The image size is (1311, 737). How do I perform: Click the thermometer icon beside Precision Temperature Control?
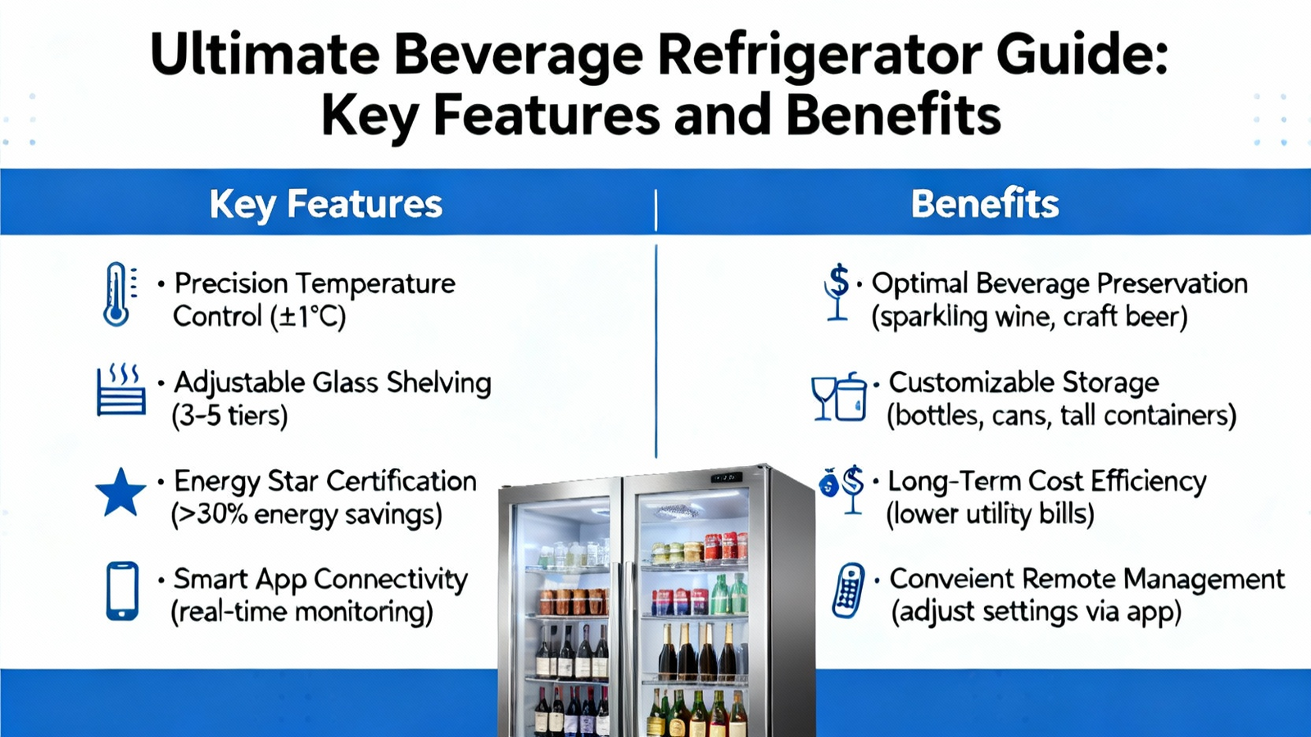[x=117, y=294]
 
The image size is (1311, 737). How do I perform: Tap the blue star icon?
[x=120, y=492]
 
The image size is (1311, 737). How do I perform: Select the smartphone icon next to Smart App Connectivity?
[x=122, y=590]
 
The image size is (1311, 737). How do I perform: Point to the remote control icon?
[x=849, y=590]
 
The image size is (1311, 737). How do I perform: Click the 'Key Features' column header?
[x=326, y=204]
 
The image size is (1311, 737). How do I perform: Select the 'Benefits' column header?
[x=985, y=204]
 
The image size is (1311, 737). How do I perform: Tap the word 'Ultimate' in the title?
[x=265, y=54]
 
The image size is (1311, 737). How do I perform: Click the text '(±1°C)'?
[x=308, y=316]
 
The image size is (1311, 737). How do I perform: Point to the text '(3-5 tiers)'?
[x=229, y=416]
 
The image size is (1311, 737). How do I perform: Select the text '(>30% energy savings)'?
[x=306, y=515]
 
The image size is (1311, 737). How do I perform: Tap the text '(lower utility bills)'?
[x=990, y=515]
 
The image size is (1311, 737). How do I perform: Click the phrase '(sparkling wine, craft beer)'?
[x=1029, y=317]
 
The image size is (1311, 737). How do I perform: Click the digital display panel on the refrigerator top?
[x=726, y=477]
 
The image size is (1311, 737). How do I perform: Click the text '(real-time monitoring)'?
[x=302, y=613]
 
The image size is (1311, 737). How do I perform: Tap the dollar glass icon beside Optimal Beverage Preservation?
[x=837, y=292]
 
